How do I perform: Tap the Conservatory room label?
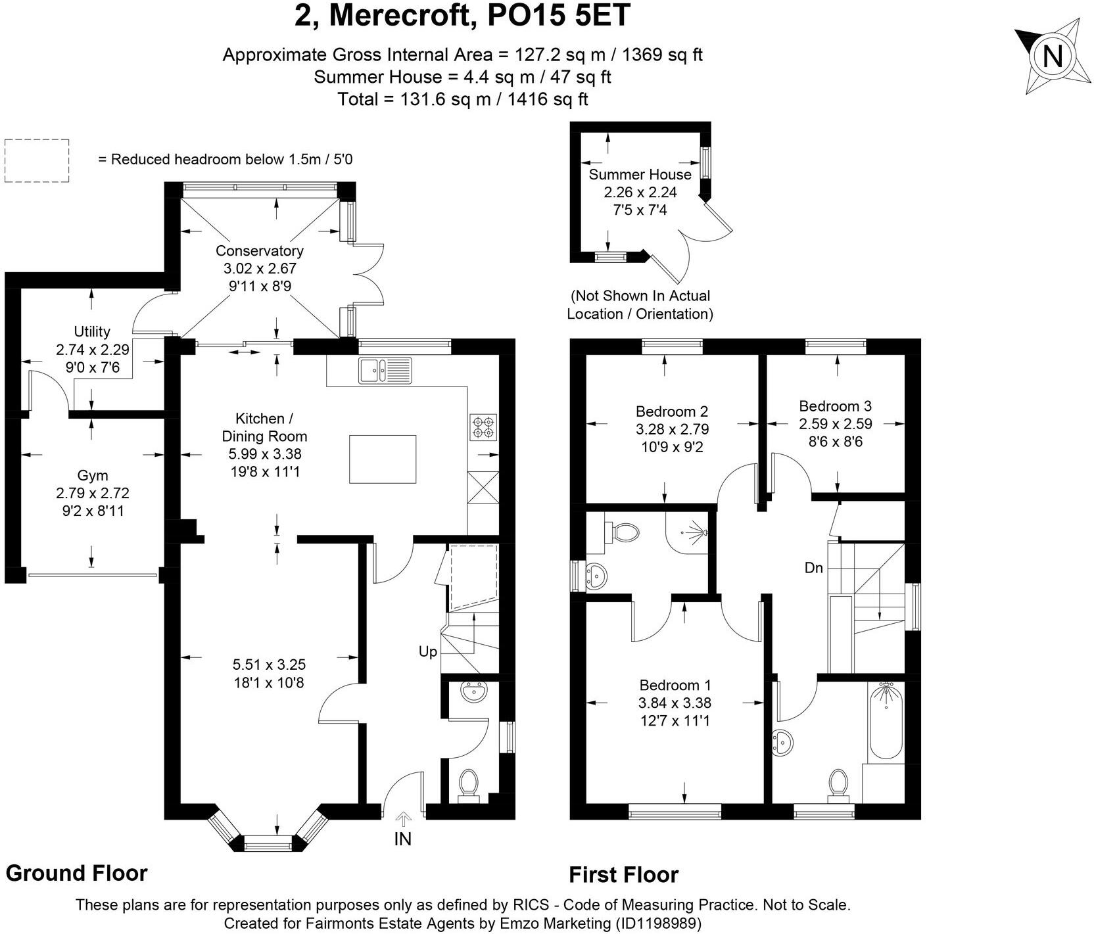pos(259,250)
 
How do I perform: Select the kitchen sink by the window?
pos(385,371)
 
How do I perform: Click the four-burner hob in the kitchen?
pos(483,427)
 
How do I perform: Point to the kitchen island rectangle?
pos(383,459)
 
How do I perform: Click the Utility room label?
pos(92,331)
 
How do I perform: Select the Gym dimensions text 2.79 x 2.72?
pos(93,493)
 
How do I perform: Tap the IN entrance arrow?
pos(402,820)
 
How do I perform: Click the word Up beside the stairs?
pos(428,652)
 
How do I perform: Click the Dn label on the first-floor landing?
pos(813,568)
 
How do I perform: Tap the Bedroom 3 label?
pos(835,406)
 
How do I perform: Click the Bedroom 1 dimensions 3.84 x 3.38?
pos(675,703)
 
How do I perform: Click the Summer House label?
pos(640,174)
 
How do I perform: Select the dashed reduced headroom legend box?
pos(37,160)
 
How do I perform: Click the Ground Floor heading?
pos(76,873)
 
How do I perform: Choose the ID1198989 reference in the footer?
pos(659,923)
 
